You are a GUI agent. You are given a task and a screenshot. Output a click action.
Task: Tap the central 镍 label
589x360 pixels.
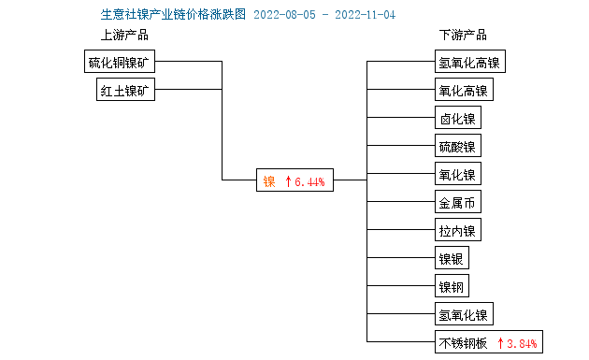click(x=269, y=181)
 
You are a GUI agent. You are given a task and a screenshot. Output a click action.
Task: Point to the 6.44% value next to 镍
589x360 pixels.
click(x=309, y=181)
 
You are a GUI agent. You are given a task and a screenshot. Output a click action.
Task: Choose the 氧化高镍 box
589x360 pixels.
click(x=463, y=91)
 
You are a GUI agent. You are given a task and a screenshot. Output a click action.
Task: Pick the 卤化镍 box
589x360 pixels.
click(x=457, y=119)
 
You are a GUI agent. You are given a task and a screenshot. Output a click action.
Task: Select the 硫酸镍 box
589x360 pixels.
click(x=457, y=147)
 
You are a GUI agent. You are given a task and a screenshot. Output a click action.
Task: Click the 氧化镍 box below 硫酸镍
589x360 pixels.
click(x=457, y=175)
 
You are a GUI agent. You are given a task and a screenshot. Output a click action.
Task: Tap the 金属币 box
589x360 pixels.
click(x=457, y=203)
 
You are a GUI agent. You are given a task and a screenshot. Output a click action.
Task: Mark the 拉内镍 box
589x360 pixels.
click(x=457, y=231)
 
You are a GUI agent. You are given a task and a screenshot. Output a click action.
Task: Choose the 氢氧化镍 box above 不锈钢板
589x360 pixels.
click(x=463, y=314)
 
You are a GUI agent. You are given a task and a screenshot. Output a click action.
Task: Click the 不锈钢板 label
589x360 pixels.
click(x=463, y=342)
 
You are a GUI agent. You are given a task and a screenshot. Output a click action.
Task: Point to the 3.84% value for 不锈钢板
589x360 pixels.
click(x=521, y=342)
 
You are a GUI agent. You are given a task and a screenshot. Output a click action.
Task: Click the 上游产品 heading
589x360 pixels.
click(x=124, y=36)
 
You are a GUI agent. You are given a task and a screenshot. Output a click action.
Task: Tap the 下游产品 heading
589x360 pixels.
click(x=463, y=36)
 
